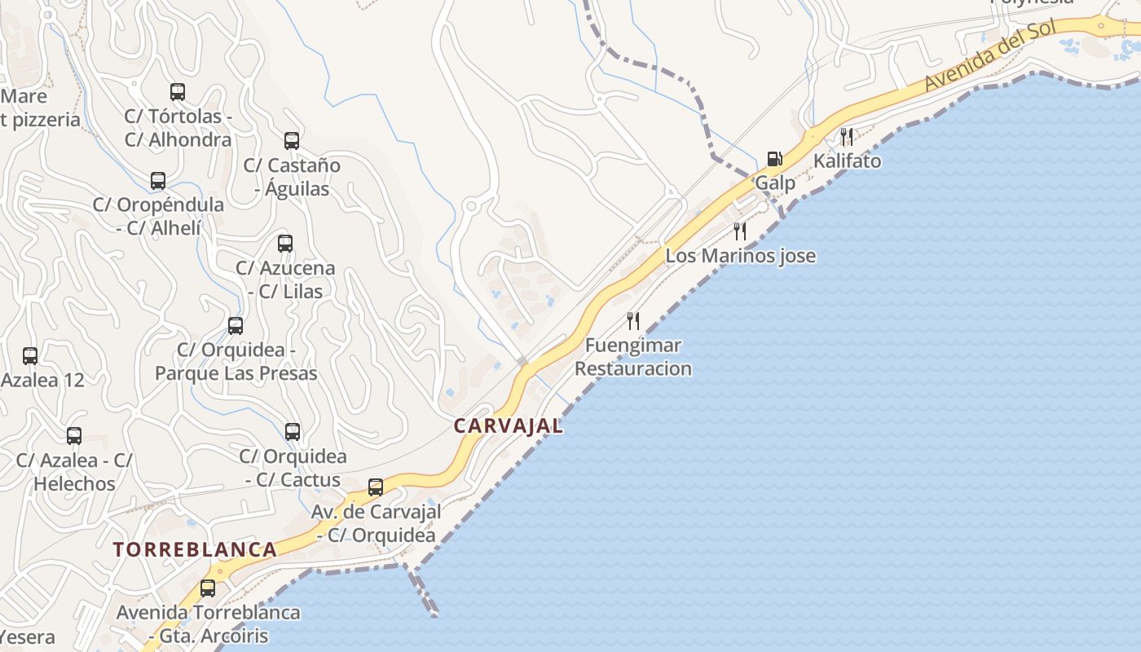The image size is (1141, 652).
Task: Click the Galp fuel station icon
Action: (774, 158)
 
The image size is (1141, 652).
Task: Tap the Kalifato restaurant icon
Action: (847, 136)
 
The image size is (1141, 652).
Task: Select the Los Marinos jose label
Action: (740, 256)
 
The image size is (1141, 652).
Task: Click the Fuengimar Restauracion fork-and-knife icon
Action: (633, 320)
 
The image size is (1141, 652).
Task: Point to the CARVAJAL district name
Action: (509, 425)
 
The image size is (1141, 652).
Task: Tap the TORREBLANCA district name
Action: (196, 549)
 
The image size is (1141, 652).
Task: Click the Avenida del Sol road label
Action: (989, 55)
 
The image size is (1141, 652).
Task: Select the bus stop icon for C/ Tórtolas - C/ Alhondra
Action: (178, 92)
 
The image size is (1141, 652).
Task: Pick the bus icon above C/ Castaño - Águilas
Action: (292, 141)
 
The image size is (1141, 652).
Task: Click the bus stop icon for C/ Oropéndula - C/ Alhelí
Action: (158, 181)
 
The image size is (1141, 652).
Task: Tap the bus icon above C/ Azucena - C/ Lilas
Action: (285, 243)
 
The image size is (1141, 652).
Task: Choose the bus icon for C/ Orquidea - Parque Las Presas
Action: (236, 326)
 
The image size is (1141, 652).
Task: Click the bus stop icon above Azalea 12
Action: (30, 356)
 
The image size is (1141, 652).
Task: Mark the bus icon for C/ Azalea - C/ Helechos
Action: (74, 436)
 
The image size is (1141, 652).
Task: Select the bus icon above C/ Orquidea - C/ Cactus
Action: (293, 432)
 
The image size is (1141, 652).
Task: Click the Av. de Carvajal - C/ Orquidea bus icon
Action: (376, 487)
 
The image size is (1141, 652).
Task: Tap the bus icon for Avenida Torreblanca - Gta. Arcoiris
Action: (208, 588)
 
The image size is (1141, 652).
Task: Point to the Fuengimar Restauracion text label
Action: (633, 357)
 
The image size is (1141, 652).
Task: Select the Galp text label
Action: (775, 183)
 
